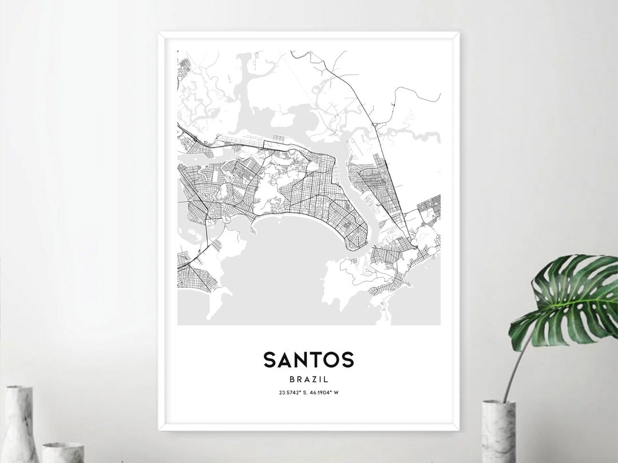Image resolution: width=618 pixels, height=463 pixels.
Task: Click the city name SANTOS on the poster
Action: (x=308, y=360)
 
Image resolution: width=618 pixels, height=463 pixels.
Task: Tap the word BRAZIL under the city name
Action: (x=308, y=379)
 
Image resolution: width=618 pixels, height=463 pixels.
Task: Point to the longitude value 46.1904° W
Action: (x=325, y=392)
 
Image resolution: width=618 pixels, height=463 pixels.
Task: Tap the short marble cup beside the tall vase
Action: (x=64, y=452)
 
